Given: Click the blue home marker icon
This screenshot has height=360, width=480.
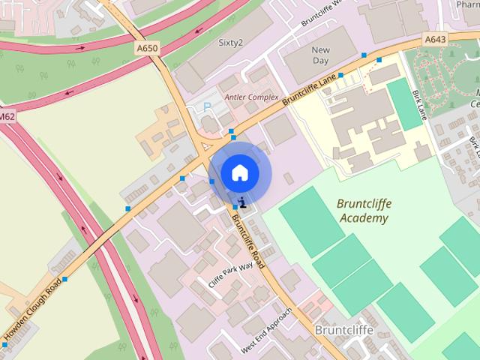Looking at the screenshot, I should [239, 172].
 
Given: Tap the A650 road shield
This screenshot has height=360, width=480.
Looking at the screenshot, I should [148, 48].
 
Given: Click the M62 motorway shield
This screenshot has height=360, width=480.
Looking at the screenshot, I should [7, 117].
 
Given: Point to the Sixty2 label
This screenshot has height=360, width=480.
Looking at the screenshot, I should [230, 43].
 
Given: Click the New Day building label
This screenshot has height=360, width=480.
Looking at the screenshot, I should [320, 55].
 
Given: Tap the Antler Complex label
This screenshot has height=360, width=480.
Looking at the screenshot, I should [252, 97].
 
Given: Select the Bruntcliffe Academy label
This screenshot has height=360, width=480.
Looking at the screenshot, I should [364, 211].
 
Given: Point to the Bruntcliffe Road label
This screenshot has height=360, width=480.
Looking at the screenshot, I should [248, 240].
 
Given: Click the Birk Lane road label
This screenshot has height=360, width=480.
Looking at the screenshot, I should [418, 105].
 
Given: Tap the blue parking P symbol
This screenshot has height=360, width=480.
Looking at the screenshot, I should [208, 107].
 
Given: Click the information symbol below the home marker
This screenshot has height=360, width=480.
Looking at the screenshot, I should [242, 201].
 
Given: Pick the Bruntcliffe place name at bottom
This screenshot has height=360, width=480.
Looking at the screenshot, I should [343, 328].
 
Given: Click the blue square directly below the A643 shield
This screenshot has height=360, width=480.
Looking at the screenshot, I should [379, 59].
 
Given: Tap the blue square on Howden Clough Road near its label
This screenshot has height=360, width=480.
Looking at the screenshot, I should [65, 279].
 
